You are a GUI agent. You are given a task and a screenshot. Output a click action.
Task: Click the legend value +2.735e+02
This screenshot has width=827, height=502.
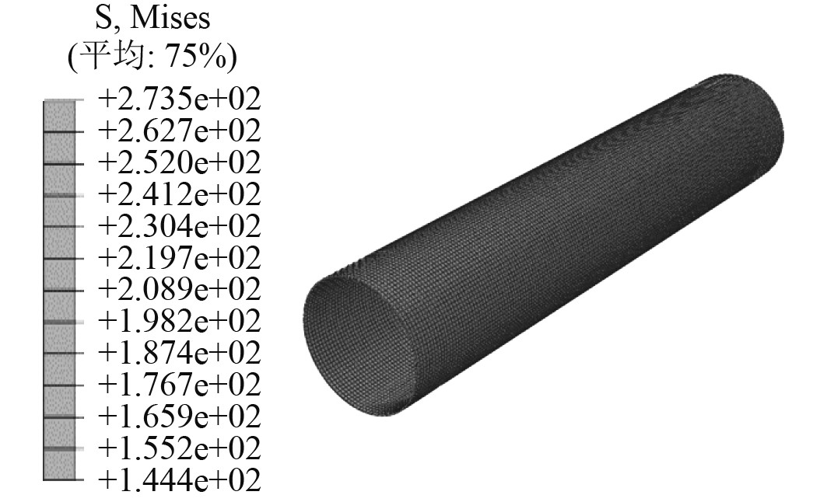tap(179, 99)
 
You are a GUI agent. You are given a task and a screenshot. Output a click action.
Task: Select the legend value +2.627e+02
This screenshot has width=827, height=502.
tap(179, 131)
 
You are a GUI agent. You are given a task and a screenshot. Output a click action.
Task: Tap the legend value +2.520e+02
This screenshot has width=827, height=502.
tap(179, 162)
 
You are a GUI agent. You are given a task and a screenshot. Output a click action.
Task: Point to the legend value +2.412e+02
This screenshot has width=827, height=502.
tap(179, 194)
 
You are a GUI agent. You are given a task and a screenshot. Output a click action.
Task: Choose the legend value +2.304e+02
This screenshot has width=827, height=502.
tap(179, 226)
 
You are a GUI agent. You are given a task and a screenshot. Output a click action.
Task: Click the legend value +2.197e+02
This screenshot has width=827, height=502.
tap(179, 257)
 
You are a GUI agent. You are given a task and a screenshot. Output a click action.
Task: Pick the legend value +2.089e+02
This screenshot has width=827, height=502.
tap(179, 289)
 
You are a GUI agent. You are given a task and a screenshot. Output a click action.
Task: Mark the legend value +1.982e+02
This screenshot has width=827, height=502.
tap(179, 321)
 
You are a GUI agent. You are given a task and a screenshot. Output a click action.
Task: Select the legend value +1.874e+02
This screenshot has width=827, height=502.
tap(179, 353)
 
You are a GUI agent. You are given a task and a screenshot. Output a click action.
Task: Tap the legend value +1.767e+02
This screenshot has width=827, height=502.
tap(179, 385)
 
